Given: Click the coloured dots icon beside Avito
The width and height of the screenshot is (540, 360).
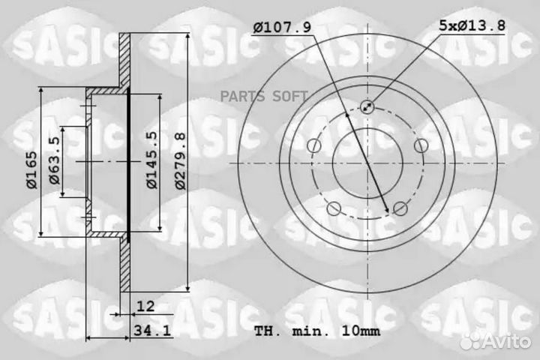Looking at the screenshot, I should point(471,340).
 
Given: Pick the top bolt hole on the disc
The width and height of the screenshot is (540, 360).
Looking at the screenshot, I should point(367,106).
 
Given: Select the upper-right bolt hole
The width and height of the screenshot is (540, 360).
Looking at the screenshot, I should point(421,145).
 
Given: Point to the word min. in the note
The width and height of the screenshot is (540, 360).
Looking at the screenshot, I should point(304,331).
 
